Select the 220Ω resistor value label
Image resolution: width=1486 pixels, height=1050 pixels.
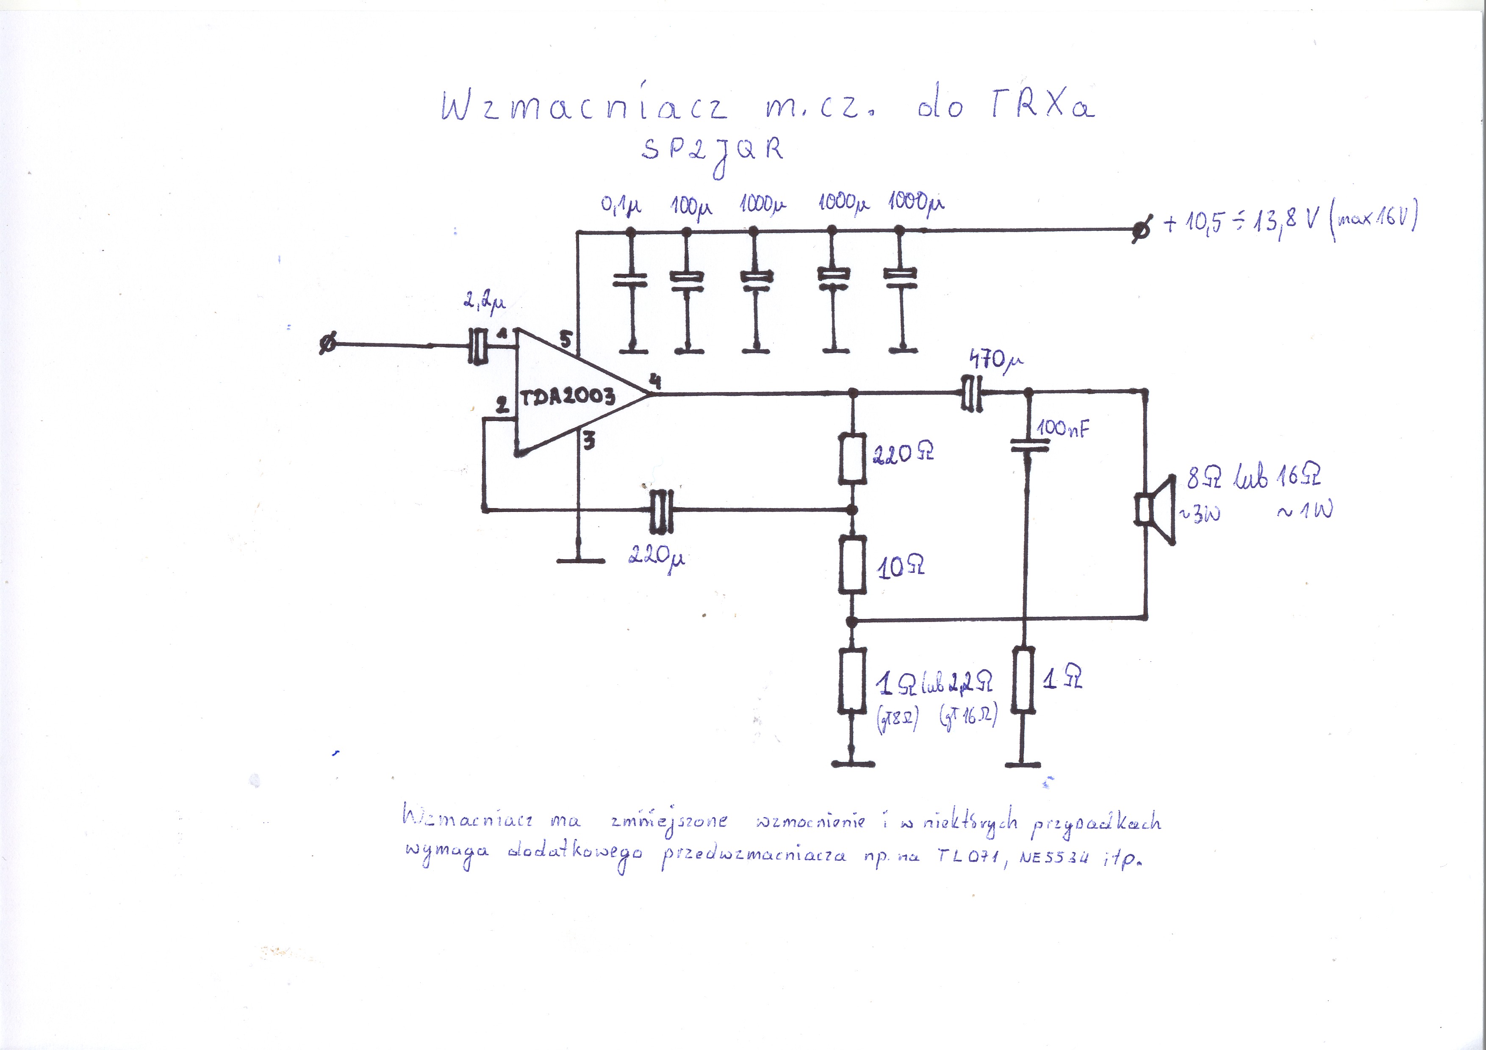coord(903,453)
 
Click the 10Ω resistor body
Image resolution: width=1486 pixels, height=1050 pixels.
coord(852,566)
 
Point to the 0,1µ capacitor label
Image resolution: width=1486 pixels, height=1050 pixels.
coord(621,206)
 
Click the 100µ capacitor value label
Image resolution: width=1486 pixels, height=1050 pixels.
coord(691,206)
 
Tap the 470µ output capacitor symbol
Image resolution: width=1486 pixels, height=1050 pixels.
coord(971,392)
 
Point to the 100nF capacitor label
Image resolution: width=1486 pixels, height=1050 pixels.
coord(1063,428)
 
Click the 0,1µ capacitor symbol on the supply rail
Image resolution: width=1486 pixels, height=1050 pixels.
coord(630,280)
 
